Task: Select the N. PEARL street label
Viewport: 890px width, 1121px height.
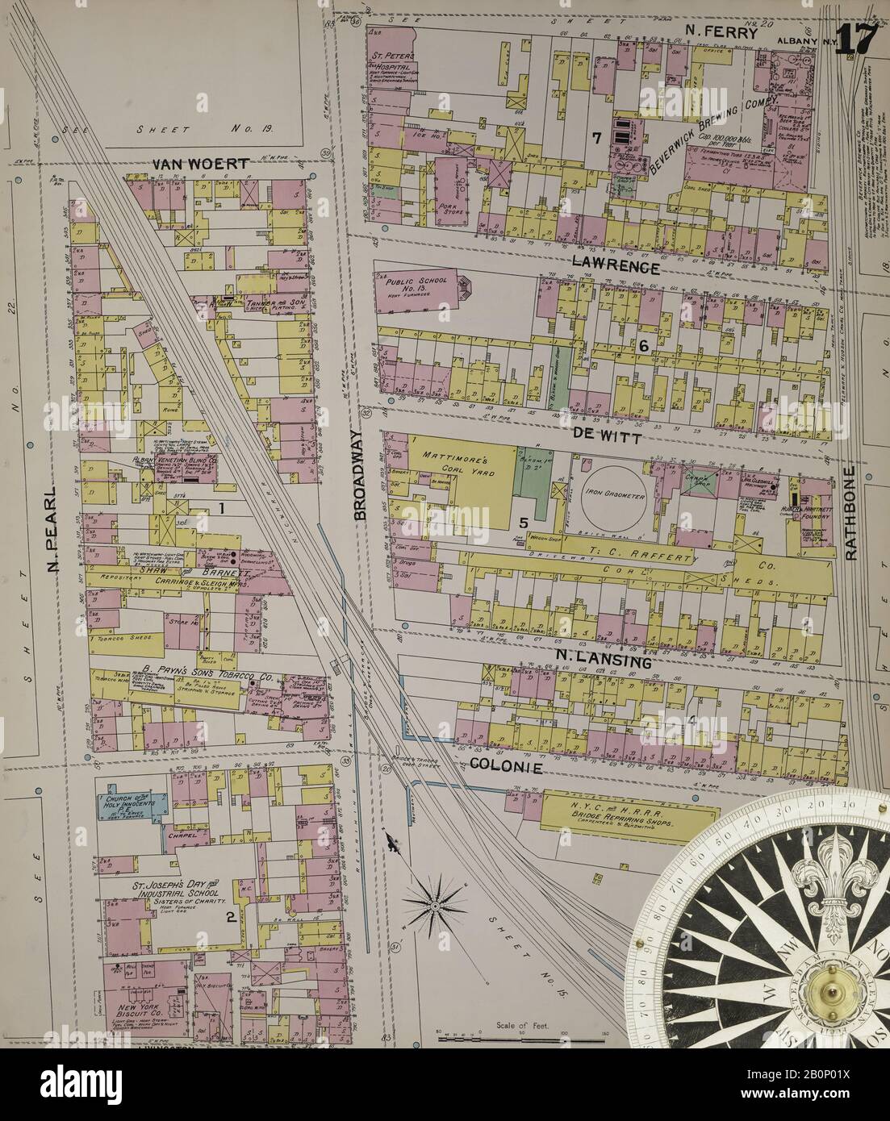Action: [54, 540]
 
